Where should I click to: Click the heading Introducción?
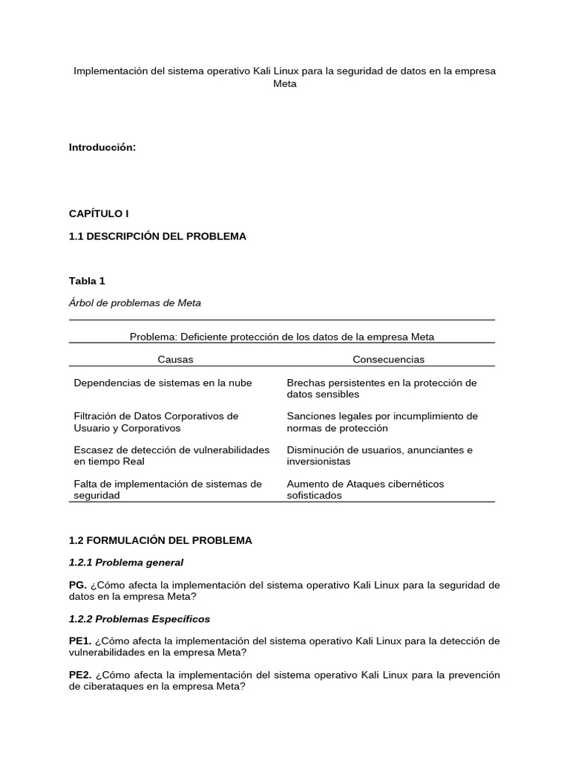pyautogui.click(x=102, y=147)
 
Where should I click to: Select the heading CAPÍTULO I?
pyautogui.click(x=99, y=213)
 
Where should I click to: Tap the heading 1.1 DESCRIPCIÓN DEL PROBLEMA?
pyautogui.click(x=157, y=236)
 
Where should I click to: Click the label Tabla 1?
pyautogui.click(x=87, y=281)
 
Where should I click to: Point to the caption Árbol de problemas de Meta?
pyautogui.click(x=135, y=303)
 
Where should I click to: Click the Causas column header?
pyautogui.click(x=175, y=359)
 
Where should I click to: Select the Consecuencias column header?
pyautogui.click(x=388, y=359)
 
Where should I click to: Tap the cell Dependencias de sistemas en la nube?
pyautogui.click(x=163, y=383)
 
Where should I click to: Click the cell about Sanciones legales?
pyautogui.click(x=382, y=422)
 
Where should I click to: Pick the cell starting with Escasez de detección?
pyautogui.click(x=171, y=456)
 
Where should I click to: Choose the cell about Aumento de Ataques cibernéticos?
pyautogui.click(x=365, y=489)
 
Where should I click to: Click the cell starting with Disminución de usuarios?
pyautogui.click(x=379, y=456)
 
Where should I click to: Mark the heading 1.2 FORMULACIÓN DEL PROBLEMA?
pyautogui.click(x=160, y=540)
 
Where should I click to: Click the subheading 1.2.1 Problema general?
pyautogui.click(x=126, y=563)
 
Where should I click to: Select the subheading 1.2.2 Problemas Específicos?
pyautogui.click(x=140, y=619)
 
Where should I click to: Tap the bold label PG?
pyautogui.click(x=78, y=585)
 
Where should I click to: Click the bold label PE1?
pyautogui.click(x=80, y=641)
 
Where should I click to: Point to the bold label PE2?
pyautogui.click(x=80, y=675)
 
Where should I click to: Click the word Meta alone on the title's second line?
pyautogui.click(x=284, y=84)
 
